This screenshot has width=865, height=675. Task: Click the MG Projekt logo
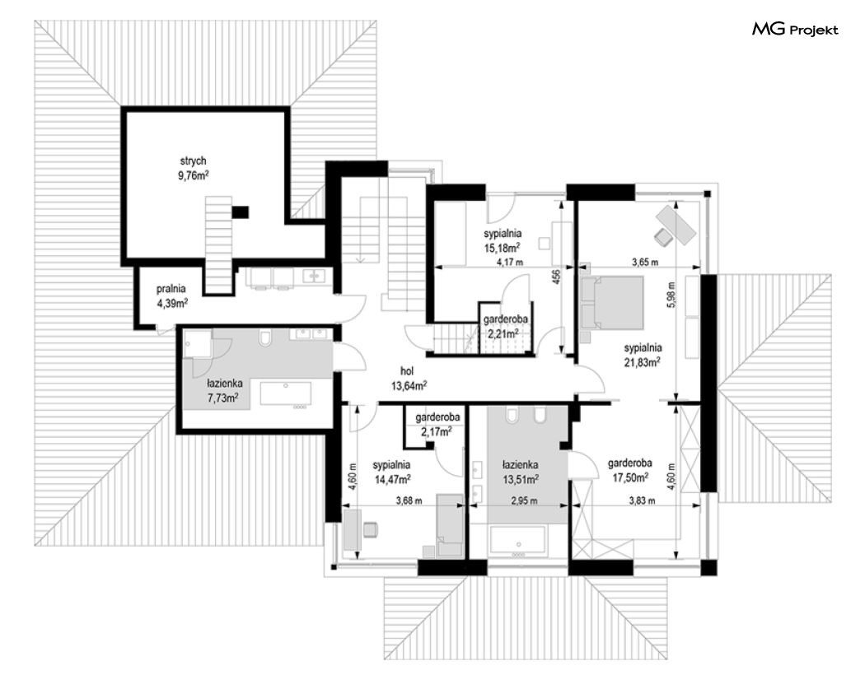coord(795,29)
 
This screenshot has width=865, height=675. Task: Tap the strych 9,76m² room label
coord(193,168)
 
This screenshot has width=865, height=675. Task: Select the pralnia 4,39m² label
coord(171,296)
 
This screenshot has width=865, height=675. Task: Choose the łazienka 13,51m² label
coord(520,472)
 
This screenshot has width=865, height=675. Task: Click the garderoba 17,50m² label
coord(630,470)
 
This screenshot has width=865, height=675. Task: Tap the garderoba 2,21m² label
coord(505,326)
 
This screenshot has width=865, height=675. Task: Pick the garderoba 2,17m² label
coord(437,424)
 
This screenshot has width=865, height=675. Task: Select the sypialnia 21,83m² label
coord(643,355)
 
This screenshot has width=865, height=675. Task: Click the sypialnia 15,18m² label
coord(503,241)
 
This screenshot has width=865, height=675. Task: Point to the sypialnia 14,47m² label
coord(391,472)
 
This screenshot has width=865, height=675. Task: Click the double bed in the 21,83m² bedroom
coord(612,303)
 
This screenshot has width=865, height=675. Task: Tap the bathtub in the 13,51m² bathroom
coord(518,541)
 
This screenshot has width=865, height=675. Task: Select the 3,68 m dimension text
coord(409,500)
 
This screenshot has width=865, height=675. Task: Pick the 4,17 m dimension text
coord(510,263)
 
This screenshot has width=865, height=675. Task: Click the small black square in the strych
coord(240,212)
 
